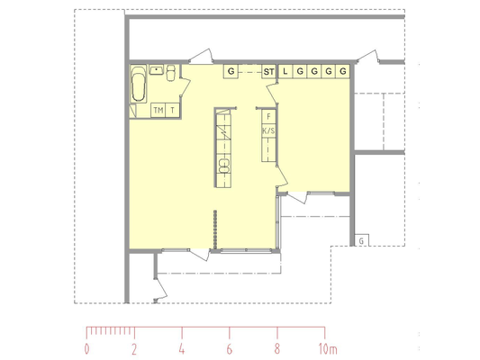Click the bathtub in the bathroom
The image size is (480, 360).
[139, 84]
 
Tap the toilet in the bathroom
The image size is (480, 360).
[170, 73]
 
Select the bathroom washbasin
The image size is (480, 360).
[157, 69]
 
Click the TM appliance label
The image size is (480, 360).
[158, 110]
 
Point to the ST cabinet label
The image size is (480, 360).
[268, 72]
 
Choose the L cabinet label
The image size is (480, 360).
[285, 72]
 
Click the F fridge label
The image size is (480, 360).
[268, 116]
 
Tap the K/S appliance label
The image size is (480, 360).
[268, 131]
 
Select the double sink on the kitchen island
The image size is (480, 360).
[223, 166]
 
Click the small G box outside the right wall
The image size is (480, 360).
[361, 240]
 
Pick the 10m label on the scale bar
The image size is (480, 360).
[328, 349]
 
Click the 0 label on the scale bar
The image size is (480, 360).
[87, 349]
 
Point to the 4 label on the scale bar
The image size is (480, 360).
[182, 349]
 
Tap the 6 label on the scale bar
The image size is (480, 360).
[230, 349]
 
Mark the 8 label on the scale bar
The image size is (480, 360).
[277, 349]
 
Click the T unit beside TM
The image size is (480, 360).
[173, 110]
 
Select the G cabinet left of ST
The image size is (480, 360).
[231, 72]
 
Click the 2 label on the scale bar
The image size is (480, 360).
[134, 349]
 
